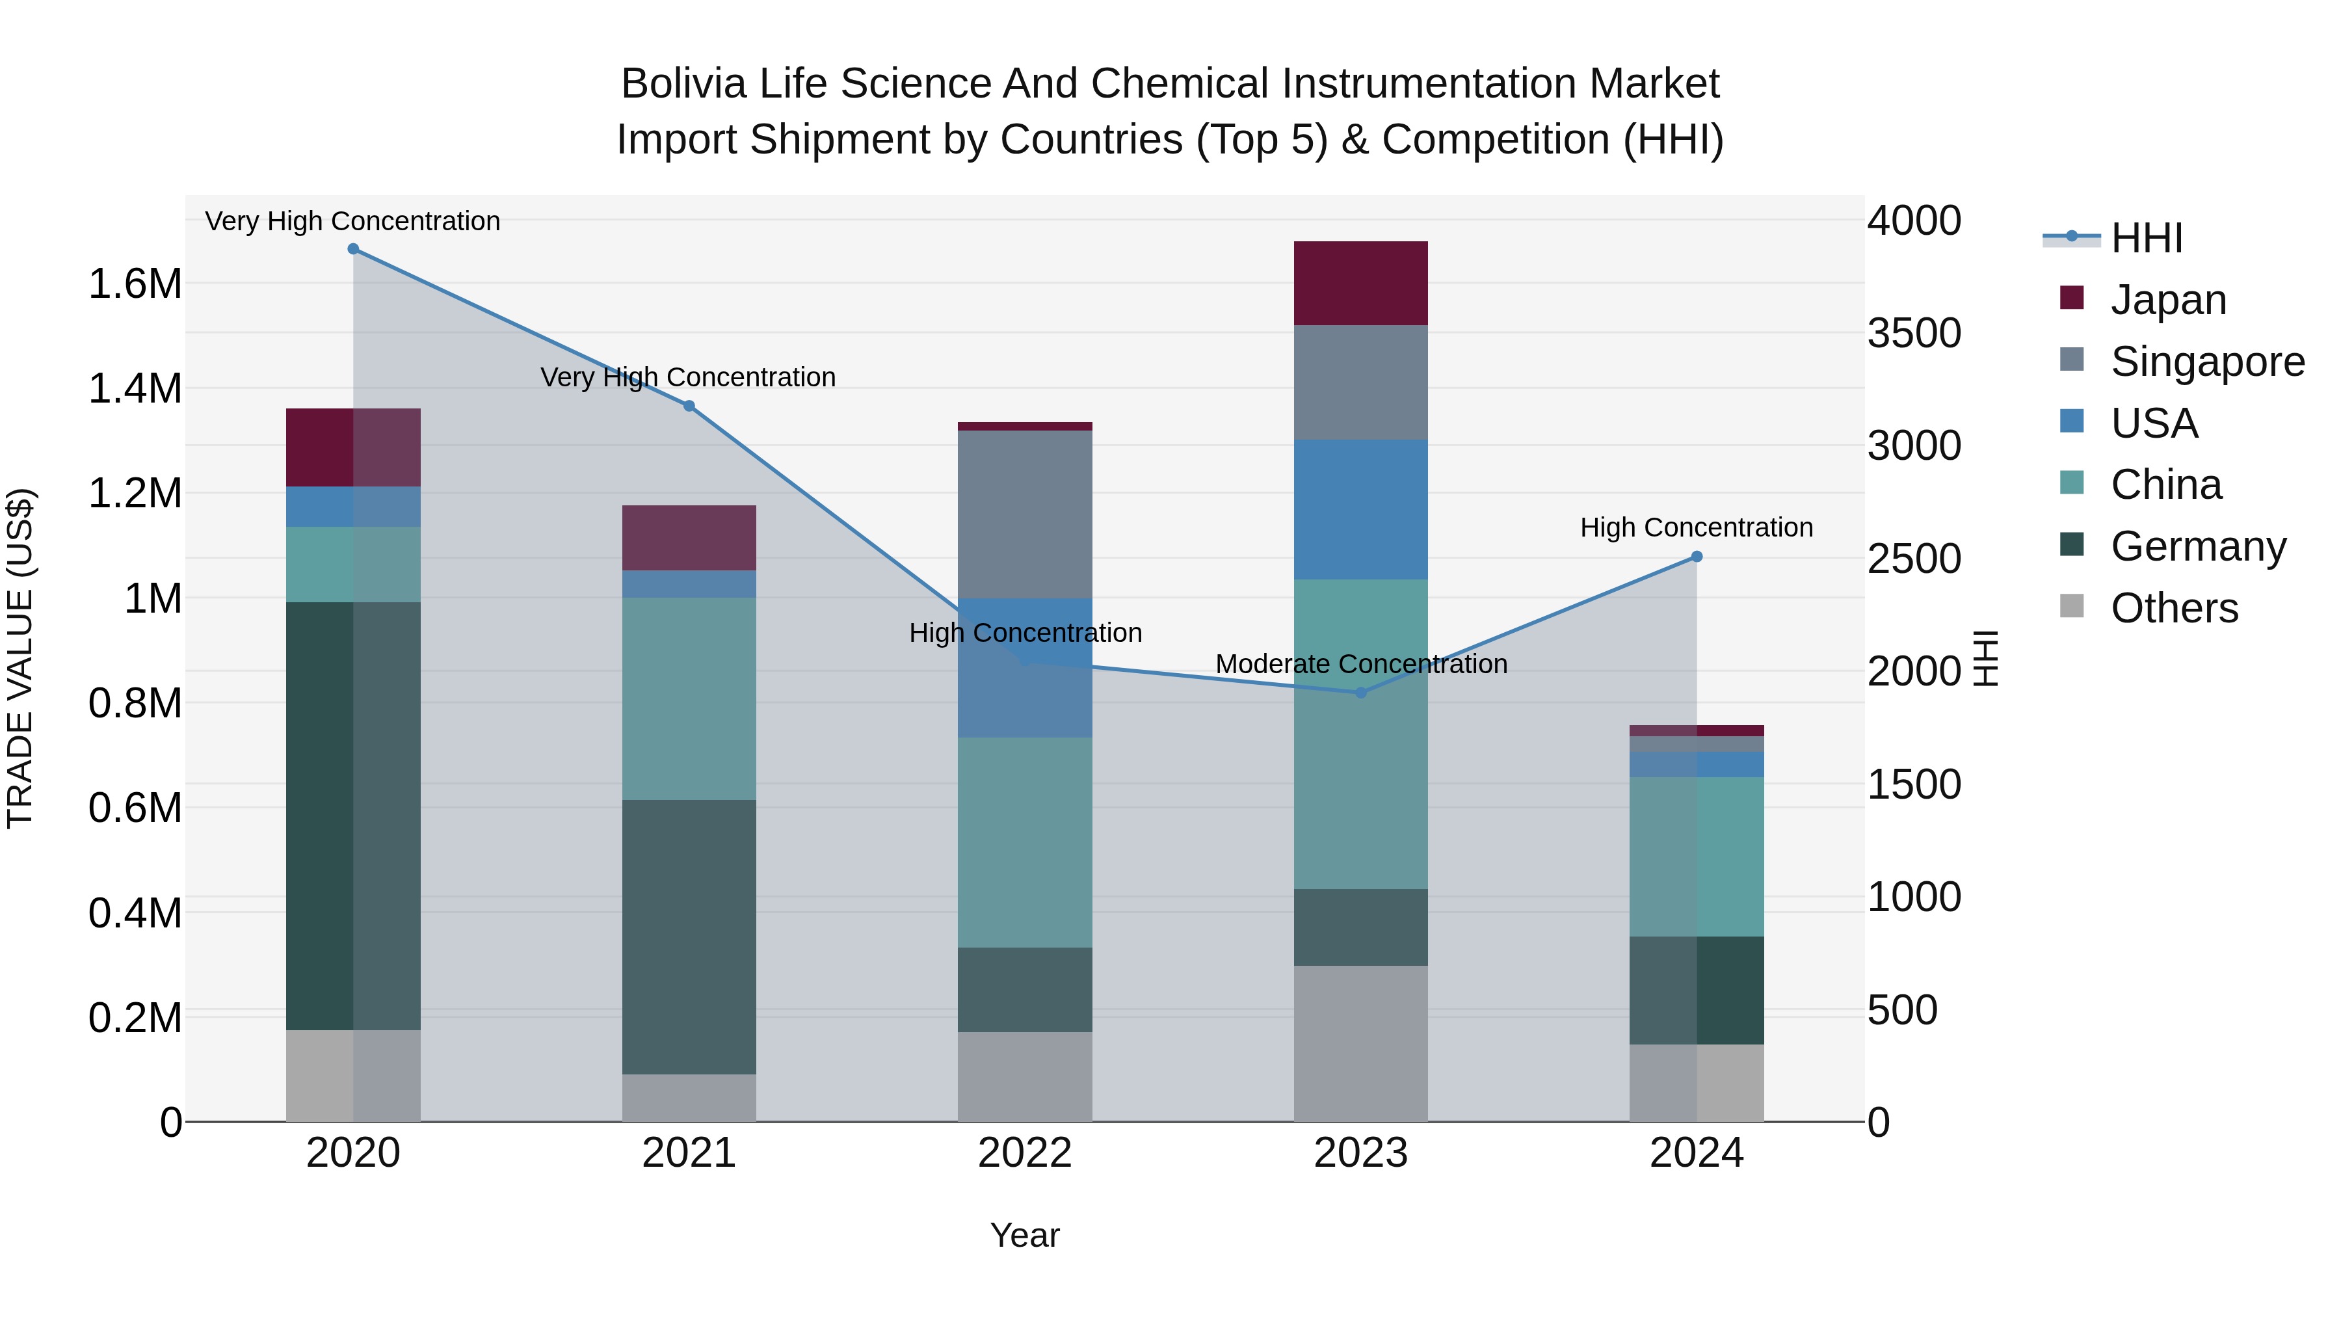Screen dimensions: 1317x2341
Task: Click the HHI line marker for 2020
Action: (x=354, y=249)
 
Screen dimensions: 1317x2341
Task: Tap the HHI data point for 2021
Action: (x=689, y=406)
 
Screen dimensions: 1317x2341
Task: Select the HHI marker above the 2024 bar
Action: (x=1697, y=557)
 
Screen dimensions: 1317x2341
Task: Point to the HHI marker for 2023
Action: (x=1360, y=693)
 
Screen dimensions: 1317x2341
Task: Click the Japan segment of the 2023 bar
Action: (x=1360, y=284)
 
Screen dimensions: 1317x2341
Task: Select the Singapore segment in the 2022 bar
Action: (x=1025, y=514)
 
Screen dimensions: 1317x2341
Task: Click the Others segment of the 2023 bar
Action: (x=1360, y=1043)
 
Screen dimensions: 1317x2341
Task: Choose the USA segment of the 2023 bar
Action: (x=1360, y=509)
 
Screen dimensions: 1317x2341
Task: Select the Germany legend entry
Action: (x=2197, y=546)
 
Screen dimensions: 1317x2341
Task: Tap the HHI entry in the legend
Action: (x=2147, y=238)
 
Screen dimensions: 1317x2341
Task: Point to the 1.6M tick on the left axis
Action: (x=135, y=284)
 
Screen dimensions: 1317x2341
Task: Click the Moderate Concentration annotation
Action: (x=1360, y=665)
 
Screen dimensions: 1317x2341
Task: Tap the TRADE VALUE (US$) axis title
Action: (x=21, y=658)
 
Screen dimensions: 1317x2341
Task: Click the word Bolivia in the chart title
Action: (x=683, y=84)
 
